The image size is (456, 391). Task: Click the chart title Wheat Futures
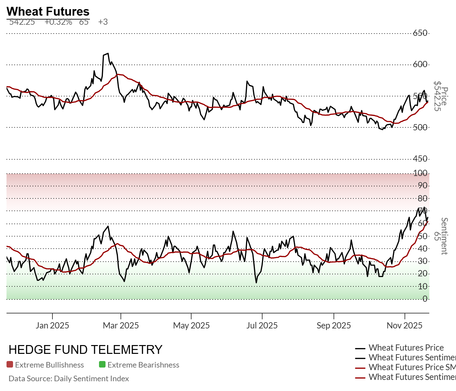[48, 11]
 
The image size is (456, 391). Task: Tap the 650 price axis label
[420, 33]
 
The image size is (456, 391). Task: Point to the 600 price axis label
[420, 64]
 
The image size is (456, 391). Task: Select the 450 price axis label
[420, 159]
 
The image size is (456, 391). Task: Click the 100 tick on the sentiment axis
[420, 173]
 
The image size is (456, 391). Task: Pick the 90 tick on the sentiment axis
[422, 186]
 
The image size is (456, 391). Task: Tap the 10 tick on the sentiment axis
[422, 286]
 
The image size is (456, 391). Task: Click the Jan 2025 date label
[52, 326]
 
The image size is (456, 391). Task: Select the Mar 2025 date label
[121, 326]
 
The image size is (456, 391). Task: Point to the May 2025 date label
[191, 326]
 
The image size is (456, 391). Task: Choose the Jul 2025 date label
[262, 326]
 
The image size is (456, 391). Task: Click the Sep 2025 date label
[334, 326]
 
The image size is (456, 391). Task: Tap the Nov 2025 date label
[405, 326]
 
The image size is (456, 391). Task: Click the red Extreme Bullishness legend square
[10, 365]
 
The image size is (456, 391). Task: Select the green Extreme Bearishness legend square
[102, 365]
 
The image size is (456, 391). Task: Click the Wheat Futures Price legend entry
[406, 348]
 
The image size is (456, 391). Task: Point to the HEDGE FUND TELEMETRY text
[85, 350]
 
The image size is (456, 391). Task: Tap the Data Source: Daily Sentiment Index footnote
[69, 379]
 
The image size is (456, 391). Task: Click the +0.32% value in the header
[58, 22]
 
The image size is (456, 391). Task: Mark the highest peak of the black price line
[108, 54]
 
